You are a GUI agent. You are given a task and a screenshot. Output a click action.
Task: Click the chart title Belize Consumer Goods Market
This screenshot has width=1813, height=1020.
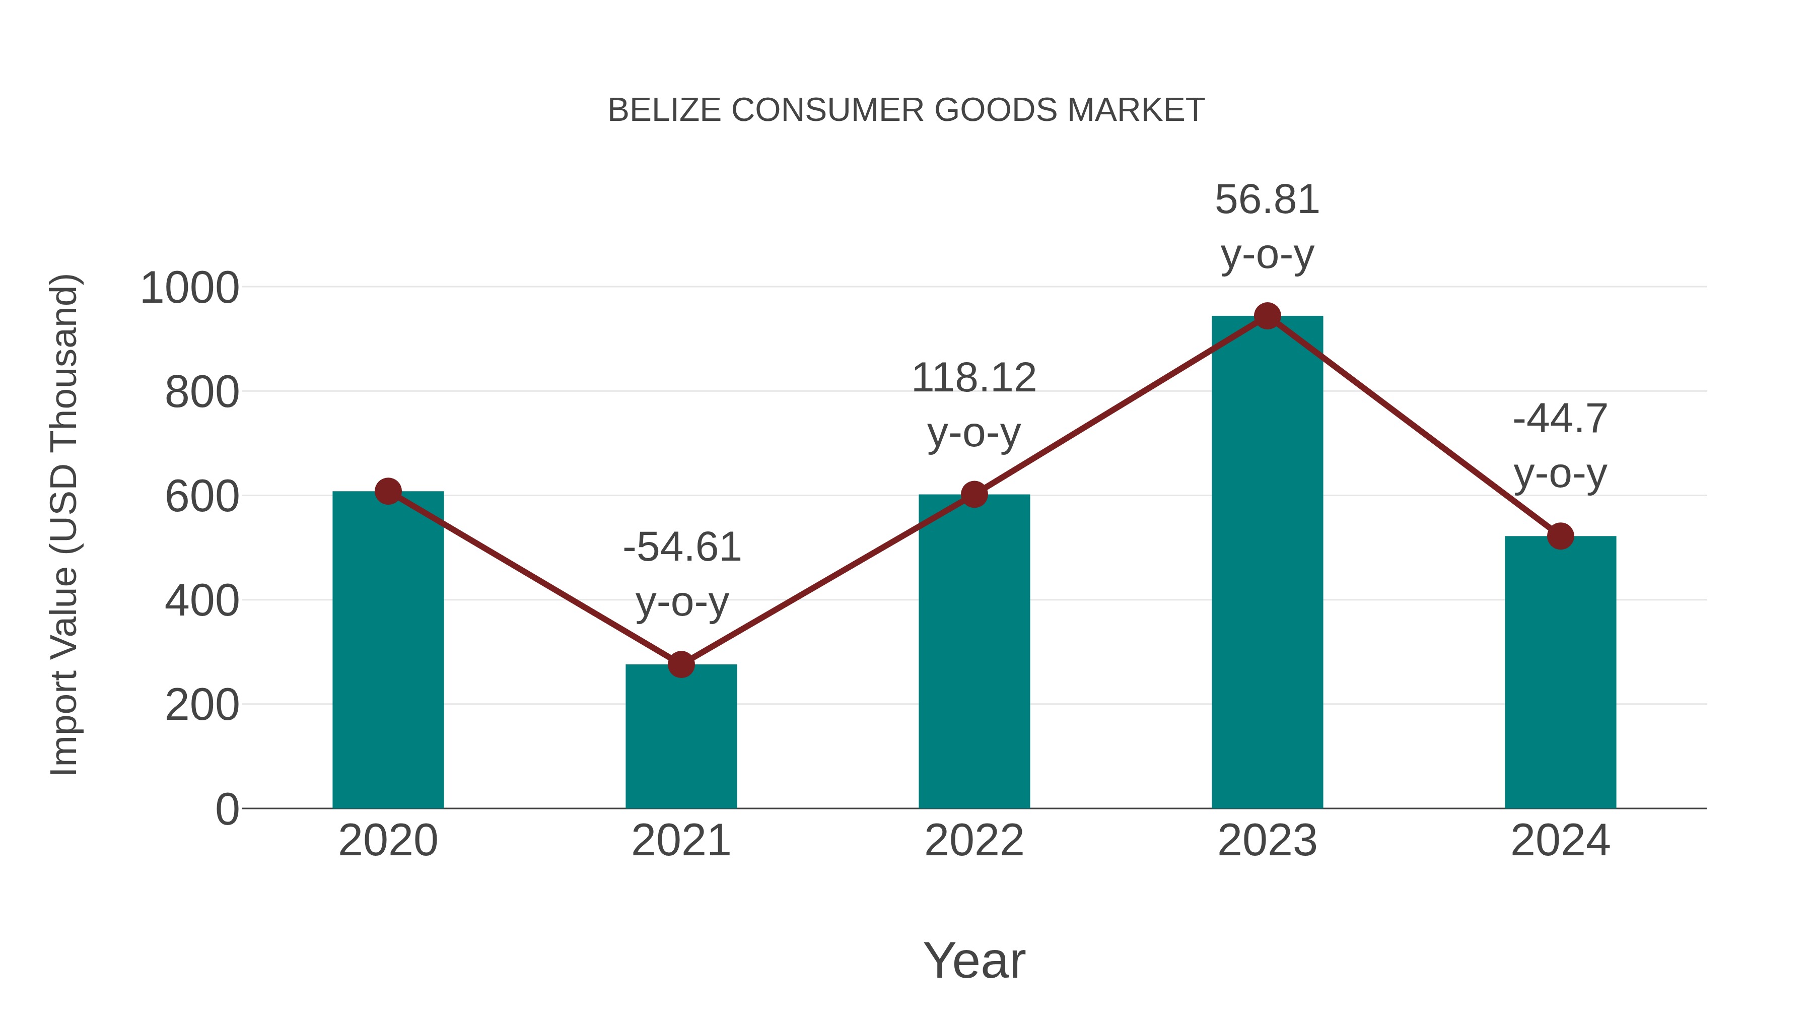(906, 110)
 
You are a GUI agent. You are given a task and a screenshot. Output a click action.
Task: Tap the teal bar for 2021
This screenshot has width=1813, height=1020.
(680, 739)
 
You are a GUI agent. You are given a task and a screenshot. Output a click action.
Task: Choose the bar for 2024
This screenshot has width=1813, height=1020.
(1560, 676)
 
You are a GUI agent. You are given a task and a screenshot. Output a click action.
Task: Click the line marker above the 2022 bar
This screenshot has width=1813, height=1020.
(974, 495)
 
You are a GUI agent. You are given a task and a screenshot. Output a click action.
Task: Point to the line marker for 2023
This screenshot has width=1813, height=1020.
(1267, 316)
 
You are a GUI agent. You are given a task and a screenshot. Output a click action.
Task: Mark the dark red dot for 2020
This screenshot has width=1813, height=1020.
(388, 491)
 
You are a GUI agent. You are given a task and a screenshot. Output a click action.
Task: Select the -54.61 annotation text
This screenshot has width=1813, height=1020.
(682, 548)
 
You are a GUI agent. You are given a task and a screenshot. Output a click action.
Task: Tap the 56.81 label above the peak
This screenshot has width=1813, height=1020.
(1267, 200)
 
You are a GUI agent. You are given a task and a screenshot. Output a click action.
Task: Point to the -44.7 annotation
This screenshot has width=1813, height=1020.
(1560, 420)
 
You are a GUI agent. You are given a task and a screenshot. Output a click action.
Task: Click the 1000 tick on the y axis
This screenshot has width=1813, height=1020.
(190, 289)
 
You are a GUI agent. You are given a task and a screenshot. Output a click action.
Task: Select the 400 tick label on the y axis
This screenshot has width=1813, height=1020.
(202, 602)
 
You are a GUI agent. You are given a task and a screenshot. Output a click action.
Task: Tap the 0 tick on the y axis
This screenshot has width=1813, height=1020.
(227, 809)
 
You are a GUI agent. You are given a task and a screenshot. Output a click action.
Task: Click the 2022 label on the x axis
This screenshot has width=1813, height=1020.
(974, 841)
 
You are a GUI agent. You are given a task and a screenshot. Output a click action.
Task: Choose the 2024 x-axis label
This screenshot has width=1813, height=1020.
(1560, 841)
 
